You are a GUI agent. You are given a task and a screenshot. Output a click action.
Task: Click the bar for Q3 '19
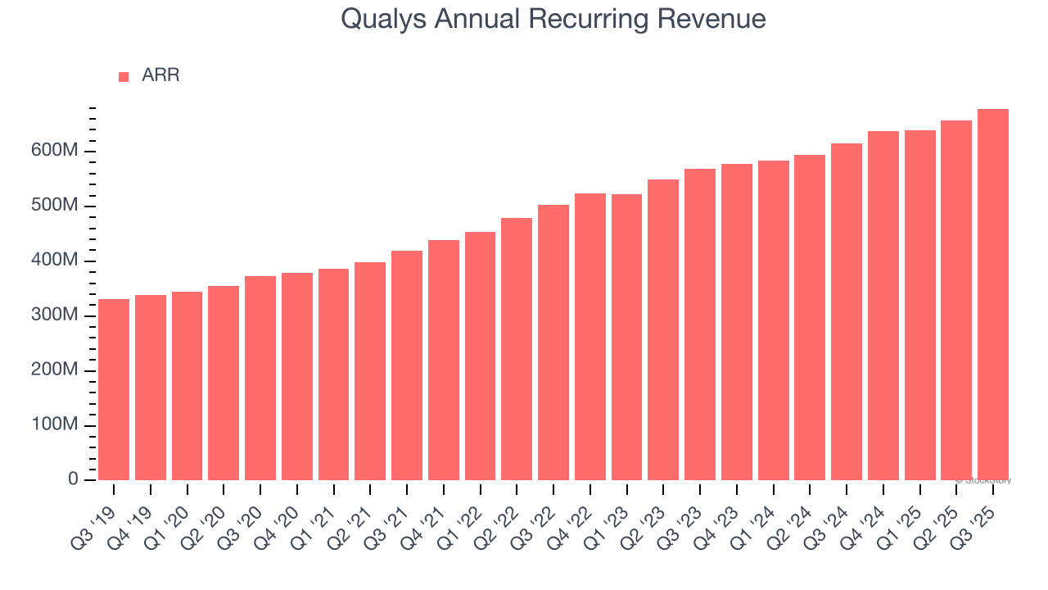tap(114, 389)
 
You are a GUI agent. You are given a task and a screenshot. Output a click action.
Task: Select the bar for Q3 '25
tap(993, 295)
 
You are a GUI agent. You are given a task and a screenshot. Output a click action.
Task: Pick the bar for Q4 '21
tap(444, 360)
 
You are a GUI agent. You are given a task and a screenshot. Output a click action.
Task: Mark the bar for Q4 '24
tap(883, 306)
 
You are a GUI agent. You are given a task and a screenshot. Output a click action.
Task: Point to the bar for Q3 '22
tap(553, 343)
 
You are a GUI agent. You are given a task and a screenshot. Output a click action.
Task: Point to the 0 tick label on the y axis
tap(73, 479)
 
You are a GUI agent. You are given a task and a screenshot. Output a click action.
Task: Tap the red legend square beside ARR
tap(124, 76)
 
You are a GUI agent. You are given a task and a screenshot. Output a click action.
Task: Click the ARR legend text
tap(160, 75)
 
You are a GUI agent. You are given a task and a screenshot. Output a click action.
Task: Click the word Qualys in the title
tap(383, 19)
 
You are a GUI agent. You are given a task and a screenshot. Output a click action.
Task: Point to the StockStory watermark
tap(985, 480)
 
